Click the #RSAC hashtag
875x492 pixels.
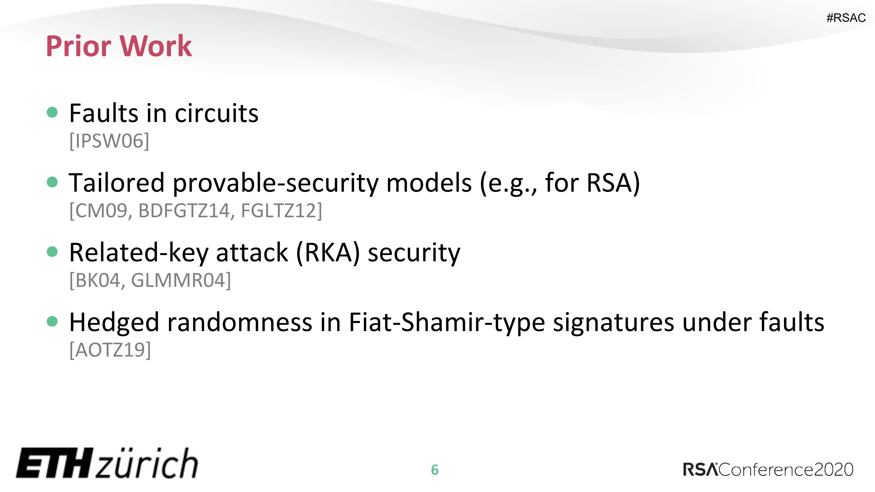point(846,18)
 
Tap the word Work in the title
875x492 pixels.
point(156,46)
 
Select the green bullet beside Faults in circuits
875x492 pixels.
point(52,112)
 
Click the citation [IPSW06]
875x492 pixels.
point(109,141)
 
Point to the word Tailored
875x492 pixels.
point(117,183)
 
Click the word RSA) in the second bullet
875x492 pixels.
point(613,183)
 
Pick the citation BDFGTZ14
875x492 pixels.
point(184,211)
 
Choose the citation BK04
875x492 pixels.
point(97,280)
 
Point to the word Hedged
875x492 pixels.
point(114,322)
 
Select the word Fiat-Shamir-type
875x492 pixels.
point(447,322)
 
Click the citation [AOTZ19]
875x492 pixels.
point(110,350)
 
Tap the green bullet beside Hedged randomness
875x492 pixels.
point(52,321)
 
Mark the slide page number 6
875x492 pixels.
point(435,470)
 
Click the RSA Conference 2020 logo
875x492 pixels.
point(768,469)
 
